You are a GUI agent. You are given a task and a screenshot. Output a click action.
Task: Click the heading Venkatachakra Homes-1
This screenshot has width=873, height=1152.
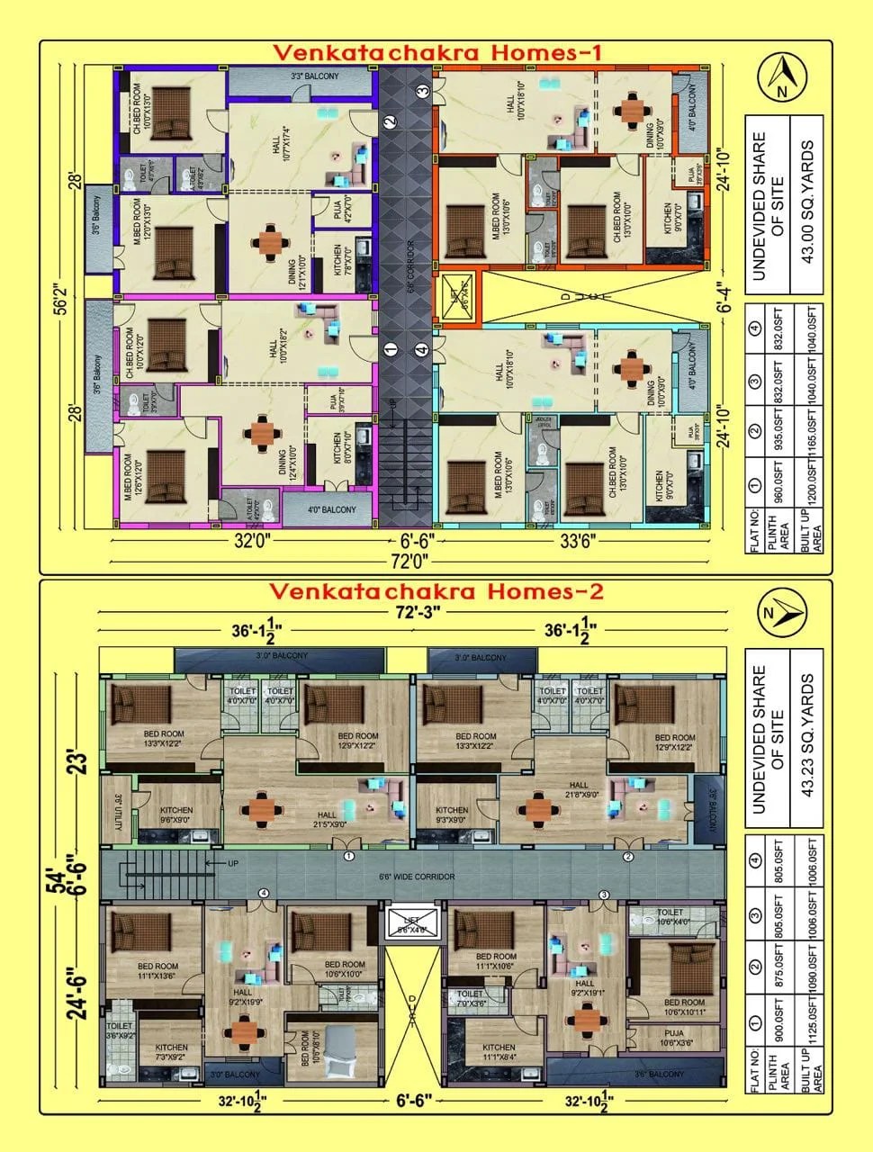[436, 53]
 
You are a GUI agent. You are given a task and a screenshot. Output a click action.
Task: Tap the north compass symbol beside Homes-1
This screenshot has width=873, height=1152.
[779, 78]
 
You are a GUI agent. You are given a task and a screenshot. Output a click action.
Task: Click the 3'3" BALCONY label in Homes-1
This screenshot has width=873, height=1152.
[301, 77]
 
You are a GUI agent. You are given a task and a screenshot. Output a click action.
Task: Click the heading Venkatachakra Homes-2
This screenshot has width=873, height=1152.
[436, 591]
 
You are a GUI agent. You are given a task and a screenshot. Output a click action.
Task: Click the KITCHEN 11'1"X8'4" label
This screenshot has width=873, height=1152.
[499, 1052]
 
